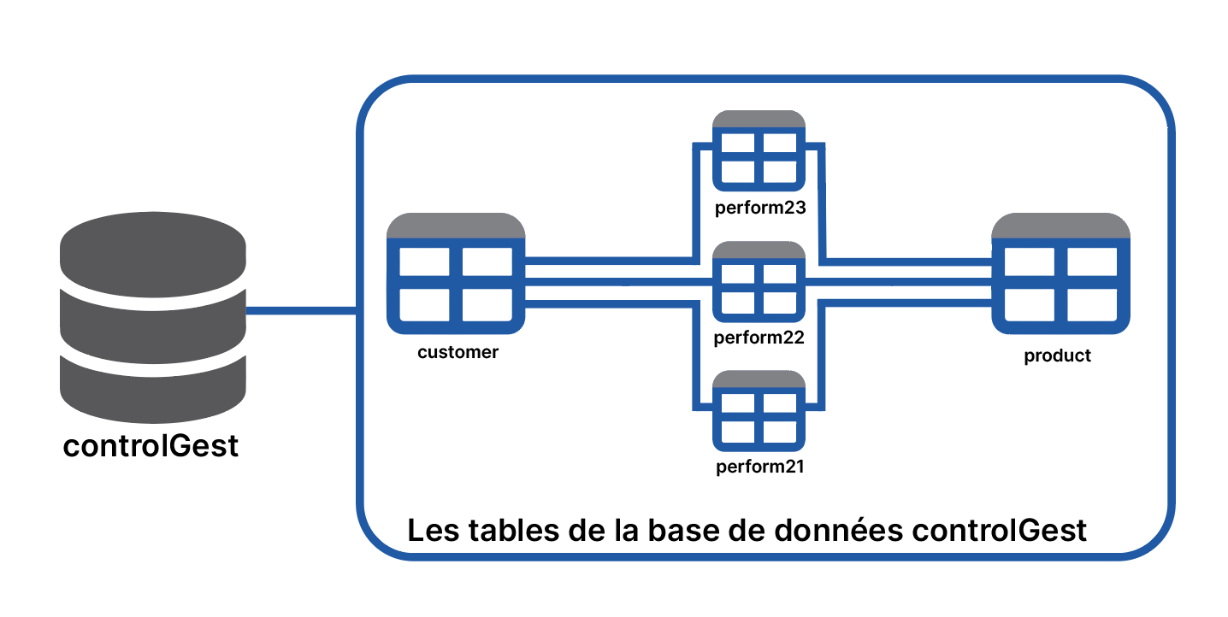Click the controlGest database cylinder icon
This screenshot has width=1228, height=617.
tap(153, 317)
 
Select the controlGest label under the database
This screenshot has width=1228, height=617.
tap(151, 445)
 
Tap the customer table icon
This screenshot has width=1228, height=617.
tap(456, 273)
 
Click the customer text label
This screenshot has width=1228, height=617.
tap(458, 352)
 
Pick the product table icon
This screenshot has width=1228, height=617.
tap(1060, 273)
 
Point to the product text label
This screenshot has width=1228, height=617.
tap(1058, 356)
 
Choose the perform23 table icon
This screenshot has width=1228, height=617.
tap(759, 150)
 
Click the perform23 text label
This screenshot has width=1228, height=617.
tap(760, 208)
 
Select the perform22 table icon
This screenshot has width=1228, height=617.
tap(759, 282)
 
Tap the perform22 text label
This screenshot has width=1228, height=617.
tap(759, 338)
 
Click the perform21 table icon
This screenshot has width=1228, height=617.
tap(759, 411)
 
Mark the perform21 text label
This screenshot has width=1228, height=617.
tap(760, 467)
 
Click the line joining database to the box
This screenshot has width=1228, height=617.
tap(302, 311)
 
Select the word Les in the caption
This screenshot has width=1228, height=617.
tap(433, 530)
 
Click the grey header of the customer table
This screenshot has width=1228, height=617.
tap(456, 226)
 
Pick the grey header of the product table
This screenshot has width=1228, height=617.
tap(1060, 226)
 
